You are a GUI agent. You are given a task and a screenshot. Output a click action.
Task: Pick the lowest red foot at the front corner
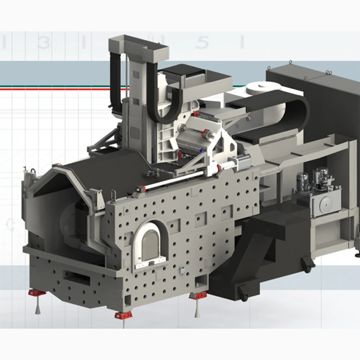point(123,315)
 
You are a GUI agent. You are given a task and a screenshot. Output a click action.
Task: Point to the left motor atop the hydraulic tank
point(302,181)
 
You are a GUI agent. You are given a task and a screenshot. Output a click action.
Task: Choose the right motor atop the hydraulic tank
point(320,177)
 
